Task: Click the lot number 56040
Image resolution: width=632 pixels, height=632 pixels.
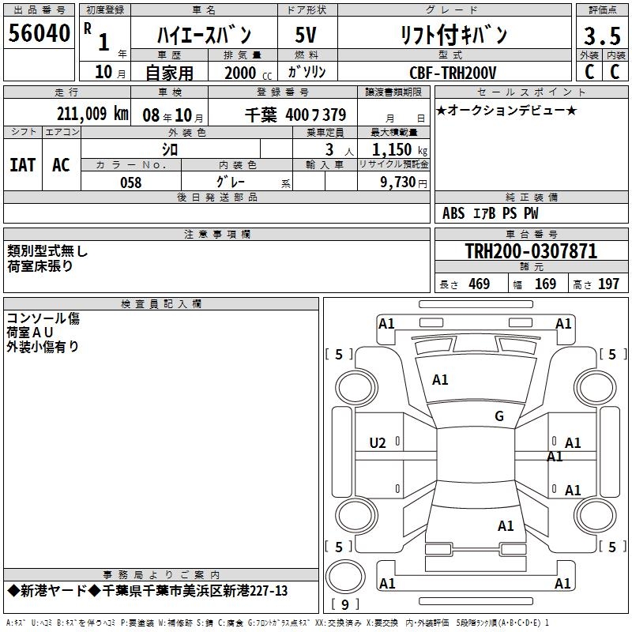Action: pyautogui.click(x=39, y=33)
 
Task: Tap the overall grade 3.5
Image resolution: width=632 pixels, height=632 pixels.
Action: pyautogui.click(x=602, y=36)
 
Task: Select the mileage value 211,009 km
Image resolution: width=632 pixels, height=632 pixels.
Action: pyautogui.click(x=92, y=114)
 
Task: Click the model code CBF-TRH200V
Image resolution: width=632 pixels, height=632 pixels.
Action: pyautogui.click(x=453, y=73)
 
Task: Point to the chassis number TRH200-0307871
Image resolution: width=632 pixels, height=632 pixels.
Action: pyautogui.click(x=531, y=251)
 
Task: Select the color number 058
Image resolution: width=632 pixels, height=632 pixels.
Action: pyautogui.click(x=131, y=182)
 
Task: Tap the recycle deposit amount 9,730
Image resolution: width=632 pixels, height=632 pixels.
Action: pyautogui.click(x=398, y=182)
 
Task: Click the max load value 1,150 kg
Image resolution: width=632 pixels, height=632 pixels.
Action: pyautogui.click(x=400, y=149)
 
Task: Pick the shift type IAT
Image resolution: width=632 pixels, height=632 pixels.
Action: pyautogui.click(x=23, y=165)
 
